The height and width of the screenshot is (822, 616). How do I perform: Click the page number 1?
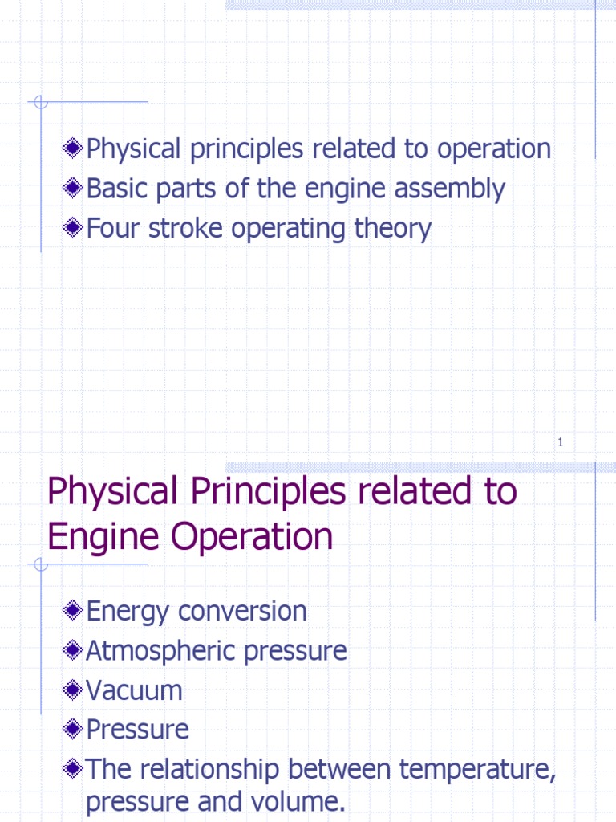coord(561,442)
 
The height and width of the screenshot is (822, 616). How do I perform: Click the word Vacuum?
coord(134,690)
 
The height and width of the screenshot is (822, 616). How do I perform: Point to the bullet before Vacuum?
coord(74,690)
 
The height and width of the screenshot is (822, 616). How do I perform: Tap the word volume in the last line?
coord(306,802)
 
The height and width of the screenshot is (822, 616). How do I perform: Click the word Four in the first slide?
coord(113,229)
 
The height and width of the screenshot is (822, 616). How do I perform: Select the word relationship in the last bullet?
coord(212,769)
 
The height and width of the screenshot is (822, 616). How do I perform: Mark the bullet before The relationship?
coord(74,769)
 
